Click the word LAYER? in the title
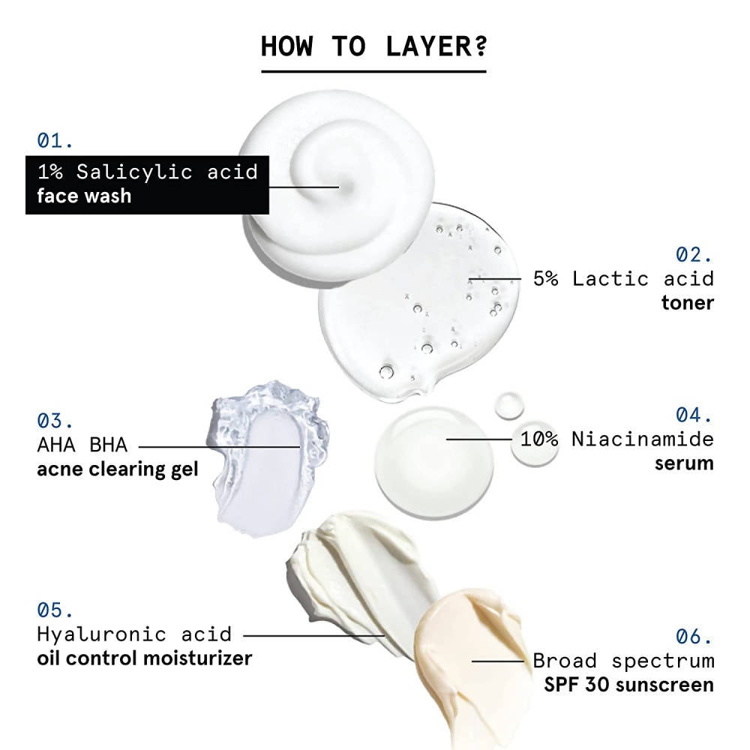[436, 46]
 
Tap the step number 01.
[55, 141]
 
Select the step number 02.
[694, 255]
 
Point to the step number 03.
[55, 421]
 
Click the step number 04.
[694, 415]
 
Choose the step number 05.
[55, 610]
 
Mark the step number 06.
[694, 637]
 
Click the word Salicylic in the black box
[134, 172]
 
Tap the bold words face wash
[84, 196]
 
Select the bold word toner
[687, 303]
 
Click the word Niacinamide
[643, 439]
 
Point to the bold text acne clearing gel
[118, 469]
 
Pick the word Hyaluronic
[101, 634]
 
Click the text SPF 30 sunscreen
[629, 685]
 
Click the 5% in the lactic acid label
[546, 279]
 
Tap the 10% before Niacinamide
[539, 439]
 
